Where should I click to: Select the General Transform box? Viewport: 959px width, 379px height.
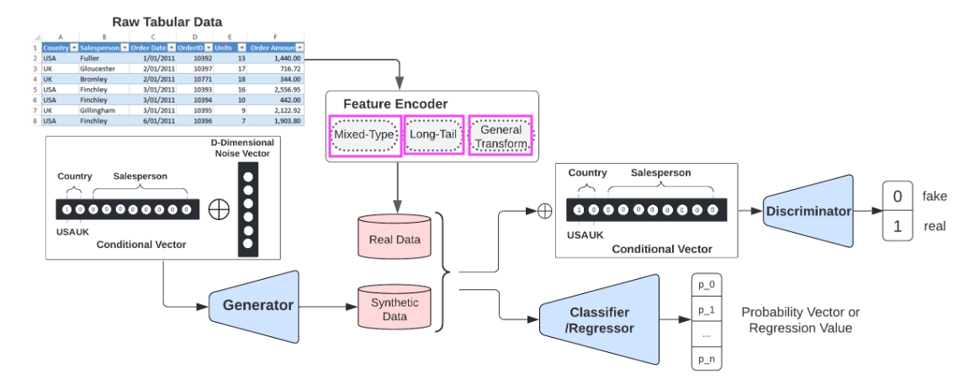[501, 136]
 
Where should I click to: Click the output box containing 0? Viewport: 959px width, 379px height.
[898, 196]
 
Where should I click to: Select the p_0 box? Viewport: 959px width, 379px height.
[705, 287]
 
